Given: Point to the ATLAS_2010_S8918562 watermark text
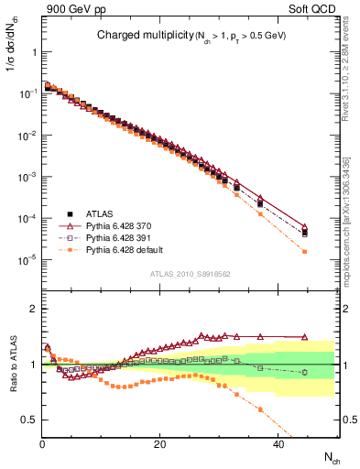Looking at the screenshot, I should point(190,274).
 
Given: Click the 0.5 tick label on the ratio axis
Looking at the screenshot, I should point(27,420).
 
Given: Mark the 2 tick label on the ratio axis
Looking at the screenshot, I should point(33,309).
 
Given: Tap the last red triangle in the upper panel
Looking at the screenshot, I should point(305,227).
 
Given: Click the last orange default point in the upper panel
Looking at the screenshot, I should point(305,252).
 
